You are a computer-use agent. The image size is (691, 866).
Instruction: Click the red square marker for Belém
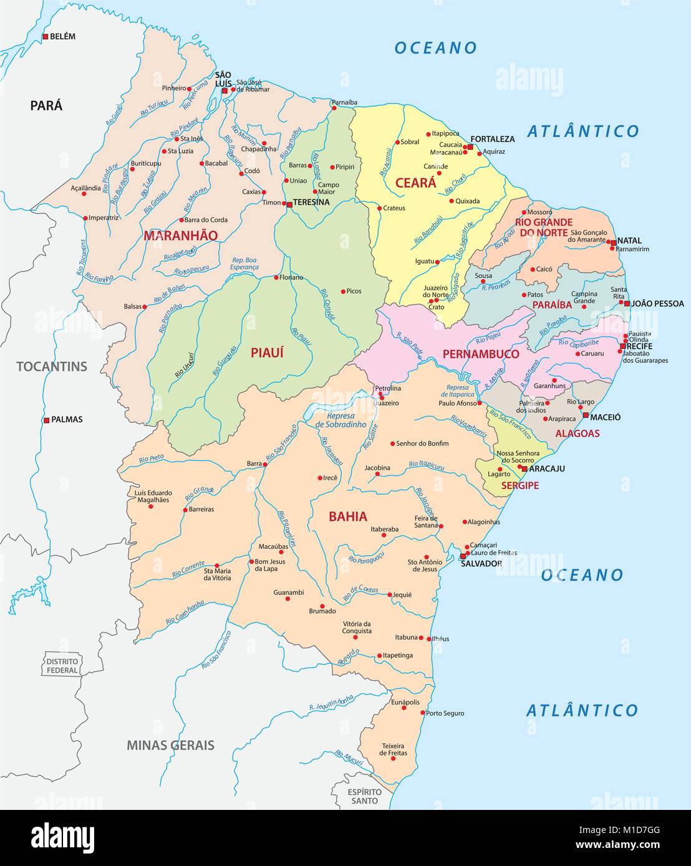click(46, 37)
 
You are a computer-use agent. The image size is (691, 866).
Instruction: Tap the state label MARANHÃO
click(180, 236)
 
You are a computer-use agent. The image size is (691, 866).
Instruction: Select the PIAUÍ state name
click(267, 353)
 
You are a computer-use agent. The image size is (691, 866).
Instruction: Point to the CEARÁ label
click(415, 183)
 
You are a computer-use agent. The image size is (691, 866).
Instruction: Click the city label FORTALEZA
click(493, 139)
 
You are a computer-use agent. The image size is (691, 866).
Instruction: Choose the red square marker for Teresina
click(289, 204)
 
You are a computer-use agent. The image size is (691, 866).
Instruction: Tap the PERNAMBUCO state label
click(481, 354)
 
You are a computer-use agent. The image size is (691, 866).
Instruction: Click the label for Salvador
click(481, 563)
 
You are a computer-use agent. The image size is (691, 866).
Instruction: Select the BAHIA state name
click(347, 516)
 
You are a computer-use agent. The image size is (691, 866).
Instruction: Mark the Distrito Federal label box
click(62, 665)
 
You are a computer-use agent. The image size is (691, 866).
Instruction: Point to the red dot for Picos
click(343, 291)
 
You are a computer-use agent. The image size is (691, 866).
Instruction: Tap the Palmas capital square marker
click(46, 420)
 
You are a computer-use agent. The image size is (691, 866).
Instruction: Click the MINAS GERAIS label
click(170, 745)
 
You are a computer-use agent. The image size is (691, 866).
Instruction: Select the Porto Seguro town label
click(445, 713)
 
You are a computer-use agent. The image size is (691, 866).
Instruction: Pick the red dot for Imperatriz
click(85, 218)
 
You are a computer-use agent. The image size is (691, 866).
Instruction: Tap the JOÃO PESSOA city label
click(657, 304)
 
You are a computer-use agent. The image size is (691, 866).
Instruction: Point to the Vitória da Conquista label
click(357, 627)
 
